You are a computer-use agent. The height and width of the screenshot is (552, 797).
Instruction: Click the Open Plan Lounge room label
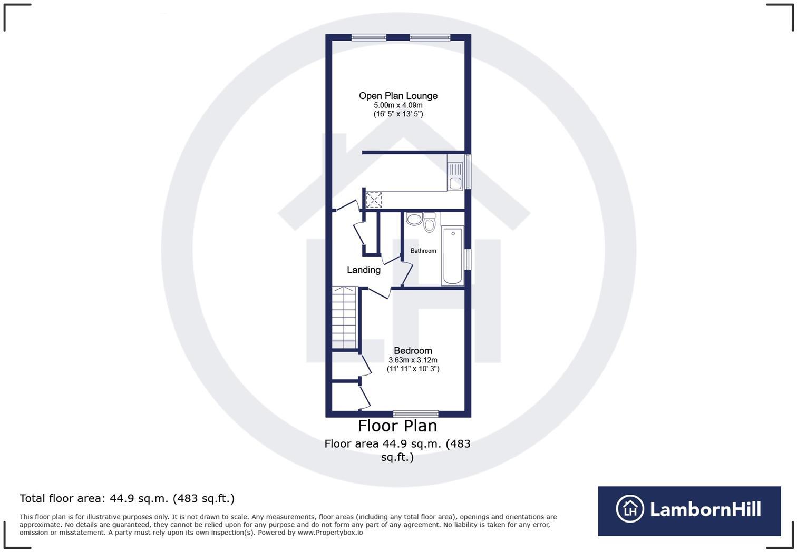(x=398, y=96)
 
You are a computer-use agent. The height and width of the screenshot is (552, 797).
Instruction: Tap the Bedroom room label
(x=413, y=351)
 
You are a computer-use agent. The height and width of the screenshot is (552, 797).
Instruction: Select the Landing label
(x=363, y=270)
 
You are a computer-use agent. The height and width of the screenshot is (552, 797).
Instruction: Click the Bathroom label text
(x=423, y=251)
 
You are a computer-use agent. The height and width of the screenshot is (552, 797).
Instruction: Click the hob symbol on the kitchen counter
(x=374, y=200)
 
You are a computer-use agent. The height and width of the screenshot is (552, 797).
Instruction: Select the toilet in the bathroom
(x=429, y=223)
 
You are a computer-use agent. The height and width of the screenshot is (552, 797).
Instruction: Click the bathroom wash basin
(x=414, y=219)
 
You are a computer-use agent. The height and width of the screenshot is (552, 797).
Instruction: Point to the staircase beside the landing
(x=345, y=318)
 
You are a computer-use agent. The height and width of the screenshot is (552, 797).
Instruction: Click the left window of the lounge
(x=369, y=37)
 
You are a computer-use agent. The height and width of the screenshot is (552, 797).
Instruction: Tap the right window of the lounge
(x=430, y=37)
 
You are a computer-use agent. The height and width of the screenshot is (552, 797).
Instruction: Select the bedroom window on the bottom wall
(x=415, y=414)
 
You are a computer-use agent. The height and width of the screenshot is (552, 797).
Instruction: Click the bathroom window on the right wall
(x=468, y=259)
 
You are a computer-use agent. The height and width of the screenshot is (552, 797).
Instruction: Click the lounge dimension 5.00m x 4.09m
(x=398, y=105)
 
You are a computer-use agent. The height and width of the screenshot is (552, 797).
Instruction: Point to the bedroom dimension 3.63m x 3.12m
(x=413, y=360)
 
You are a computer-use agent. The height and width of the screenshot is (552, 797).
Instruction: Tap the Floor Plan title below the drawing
(x=397, y=426)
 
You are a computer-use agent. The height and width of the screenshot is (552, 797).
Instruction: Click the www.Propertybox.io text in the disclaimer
(x=330, y=533)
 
